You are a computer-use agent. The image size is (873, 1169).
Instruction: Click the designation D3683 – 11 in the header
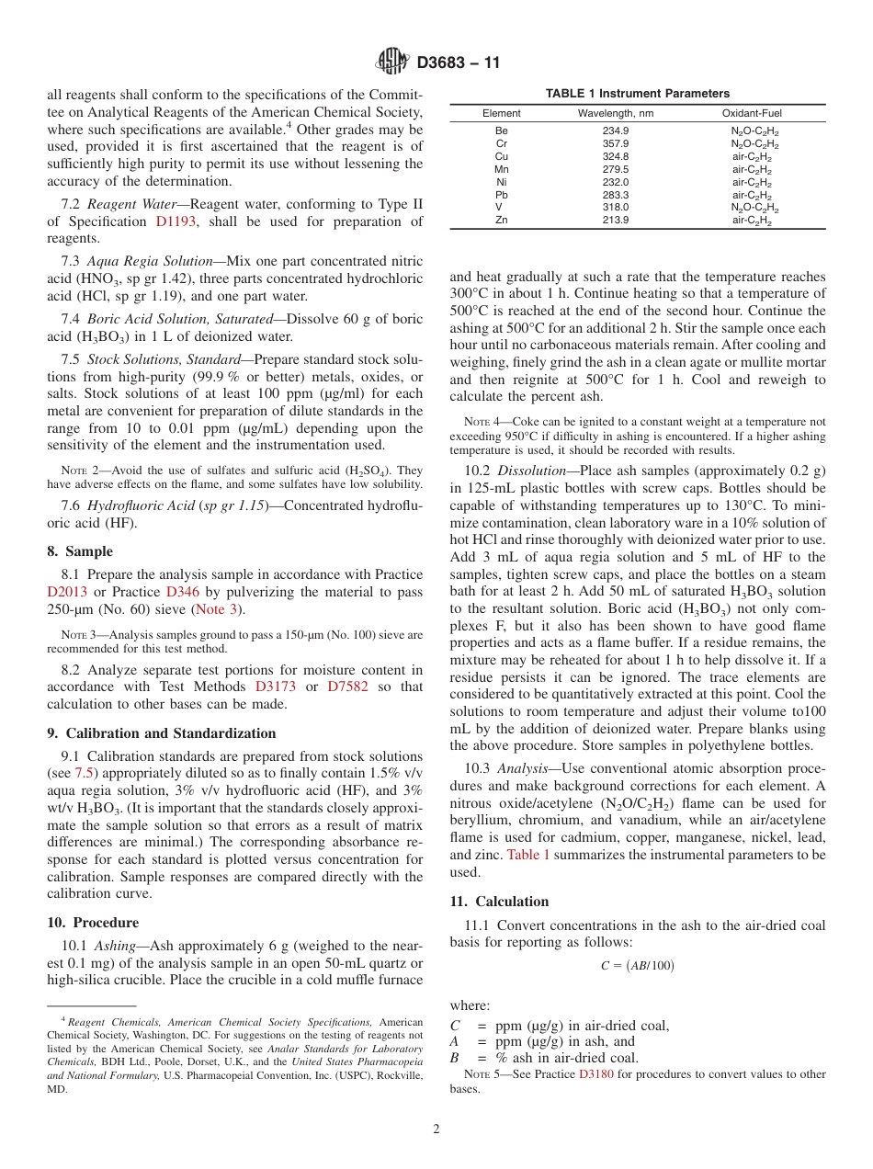pyautogui.click(x=459, y=63)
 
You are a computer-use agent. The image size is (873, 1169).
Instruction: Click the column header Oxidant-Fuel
pyautogui.click(x=752, y=113)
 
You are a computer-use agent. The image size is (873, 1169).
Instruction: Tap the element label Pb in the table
pyautogui.click(x=501, y=195)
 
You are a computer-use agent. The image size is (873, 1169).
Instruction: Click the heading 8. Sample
pyautogui.click(x=80, y=551)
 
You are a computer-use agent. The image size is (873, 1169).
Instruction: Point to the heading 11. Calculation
pyautogui.click(x=499, y=901)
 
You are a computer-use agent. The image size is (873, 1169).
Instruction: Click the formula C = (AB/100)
pyautogui.click(x=638, y=966)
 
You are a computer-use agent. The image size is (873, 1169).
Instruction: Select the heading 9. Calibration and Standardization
pyautogui.click(x=161, y=733)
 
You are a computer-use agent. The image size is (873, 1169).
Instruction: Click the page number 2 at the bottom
pyautogui.click(x=436, y=1129)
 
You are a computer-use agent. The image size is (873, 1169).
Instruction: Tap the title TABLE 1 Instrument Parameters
pyautogui.click(x=637, y=93)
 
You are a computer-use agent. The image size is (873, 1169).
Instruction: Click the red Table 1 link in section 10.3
pyautogui.click(x=528, y=854)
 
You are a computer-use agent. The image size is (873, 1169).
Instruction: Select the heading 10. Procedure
pyautogui.click(x=93, y=923)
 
